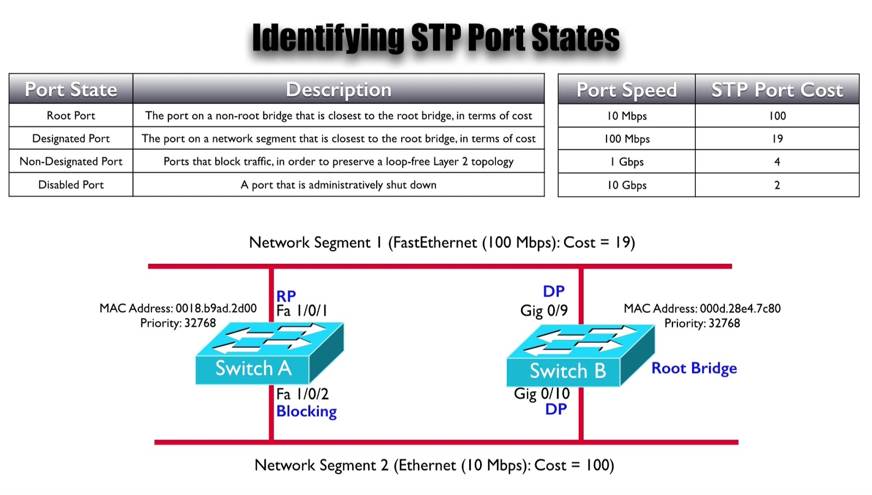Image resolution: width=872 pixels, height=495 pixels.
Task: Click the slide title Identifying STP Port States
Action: point(435,38)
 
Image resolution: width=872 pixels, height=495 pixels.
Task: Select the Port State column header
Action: point(71,89)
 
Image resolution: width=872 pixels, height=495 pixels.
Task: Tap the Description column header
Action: point(338,89)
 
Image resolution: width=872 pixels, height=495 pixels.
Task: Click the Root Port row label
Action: point(71,116)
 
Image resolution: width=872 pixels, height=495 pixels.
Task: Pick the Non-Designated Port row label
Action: point(71,161)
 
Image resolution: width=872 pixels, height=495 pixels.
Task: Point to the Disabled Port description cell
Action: point(338,185)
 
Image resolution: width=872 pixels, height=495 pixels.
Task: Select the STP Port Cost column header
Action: point(777,89)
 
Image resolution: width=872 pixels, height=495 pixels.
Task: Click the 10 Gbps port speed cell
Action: point(627,185)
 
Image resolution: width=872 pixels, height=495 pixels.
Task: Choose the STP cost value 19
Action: point(777,139)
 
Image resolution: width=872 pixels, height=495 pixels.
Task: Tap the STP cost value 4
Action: point(777,162)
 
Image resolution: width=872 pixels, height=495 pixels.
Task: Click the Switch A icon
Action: point(269,353)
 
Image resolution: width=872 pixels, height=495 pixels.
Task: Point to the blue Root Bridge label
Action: point(694,369)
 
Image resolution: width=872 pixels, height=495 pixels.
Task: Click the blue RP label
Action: point(286,296)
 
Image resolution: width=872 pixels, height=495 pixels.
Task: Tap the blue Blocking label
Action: point(306,412)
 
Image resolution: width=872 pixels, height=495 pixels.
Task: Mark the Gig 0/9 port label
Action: point(544,311)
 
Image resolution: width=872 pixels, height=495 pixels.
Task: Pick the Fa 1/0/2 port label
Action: point(302,394)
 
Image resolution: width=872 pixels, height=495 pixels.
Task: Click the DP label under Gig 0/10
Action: point(556,409)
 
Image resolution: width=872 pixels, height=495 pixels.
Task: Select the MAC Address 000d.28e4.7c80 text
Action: point(702,309)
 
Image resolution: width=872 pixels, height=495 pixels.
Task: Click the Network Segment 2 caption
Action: point(434,466)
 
